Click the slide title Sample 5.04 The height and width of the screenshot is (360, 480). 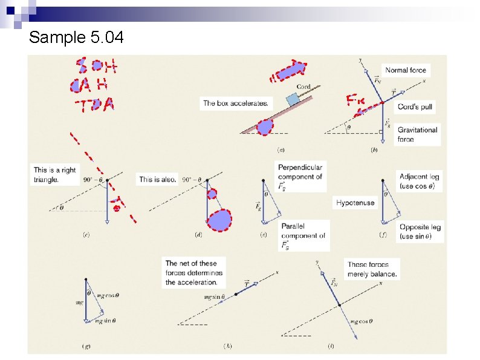(76, 38)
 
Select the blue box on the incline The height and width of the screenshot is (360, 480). (292, 99)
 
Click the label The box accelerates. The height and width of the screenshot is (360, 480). (236, 103)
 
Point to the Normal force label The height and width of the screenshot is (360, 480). (405, 70)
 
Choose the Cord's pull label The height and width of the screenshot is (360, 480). (415, 106)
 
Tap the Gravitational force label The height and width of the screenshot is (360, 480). (417, 134)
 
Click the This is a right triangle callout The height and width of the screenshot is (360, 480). (55, 174)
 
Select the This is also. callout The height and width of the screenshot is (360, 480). (158, 179)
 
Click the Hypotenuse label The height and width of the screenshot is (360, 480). (355, 203)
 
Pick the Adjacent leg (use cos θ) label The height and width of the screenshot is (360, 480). (420, 181)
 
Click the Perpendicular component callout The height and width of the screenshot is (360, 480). (300, 176)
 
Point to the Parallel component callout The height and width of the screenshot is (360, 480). (302, 236)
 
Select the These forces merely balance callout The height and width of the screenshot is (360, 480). (372, 269)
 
